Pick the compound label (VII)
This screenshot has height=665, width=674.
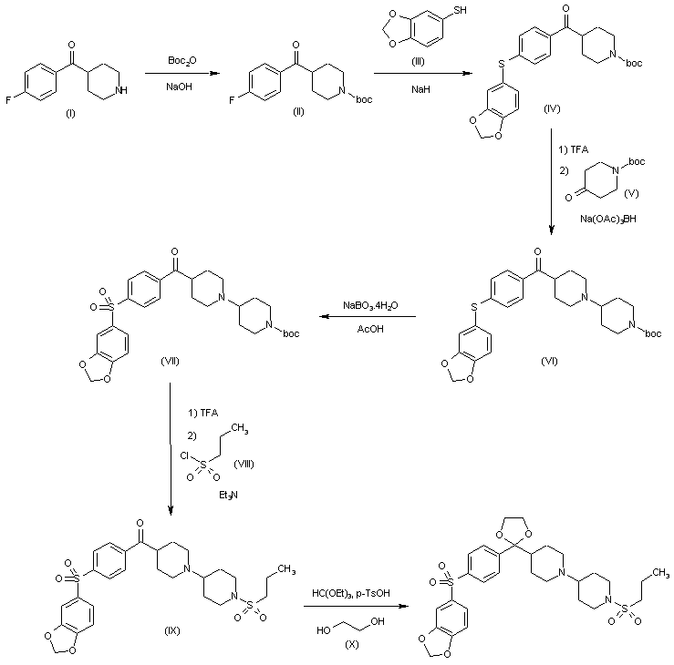coord(171,362)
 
